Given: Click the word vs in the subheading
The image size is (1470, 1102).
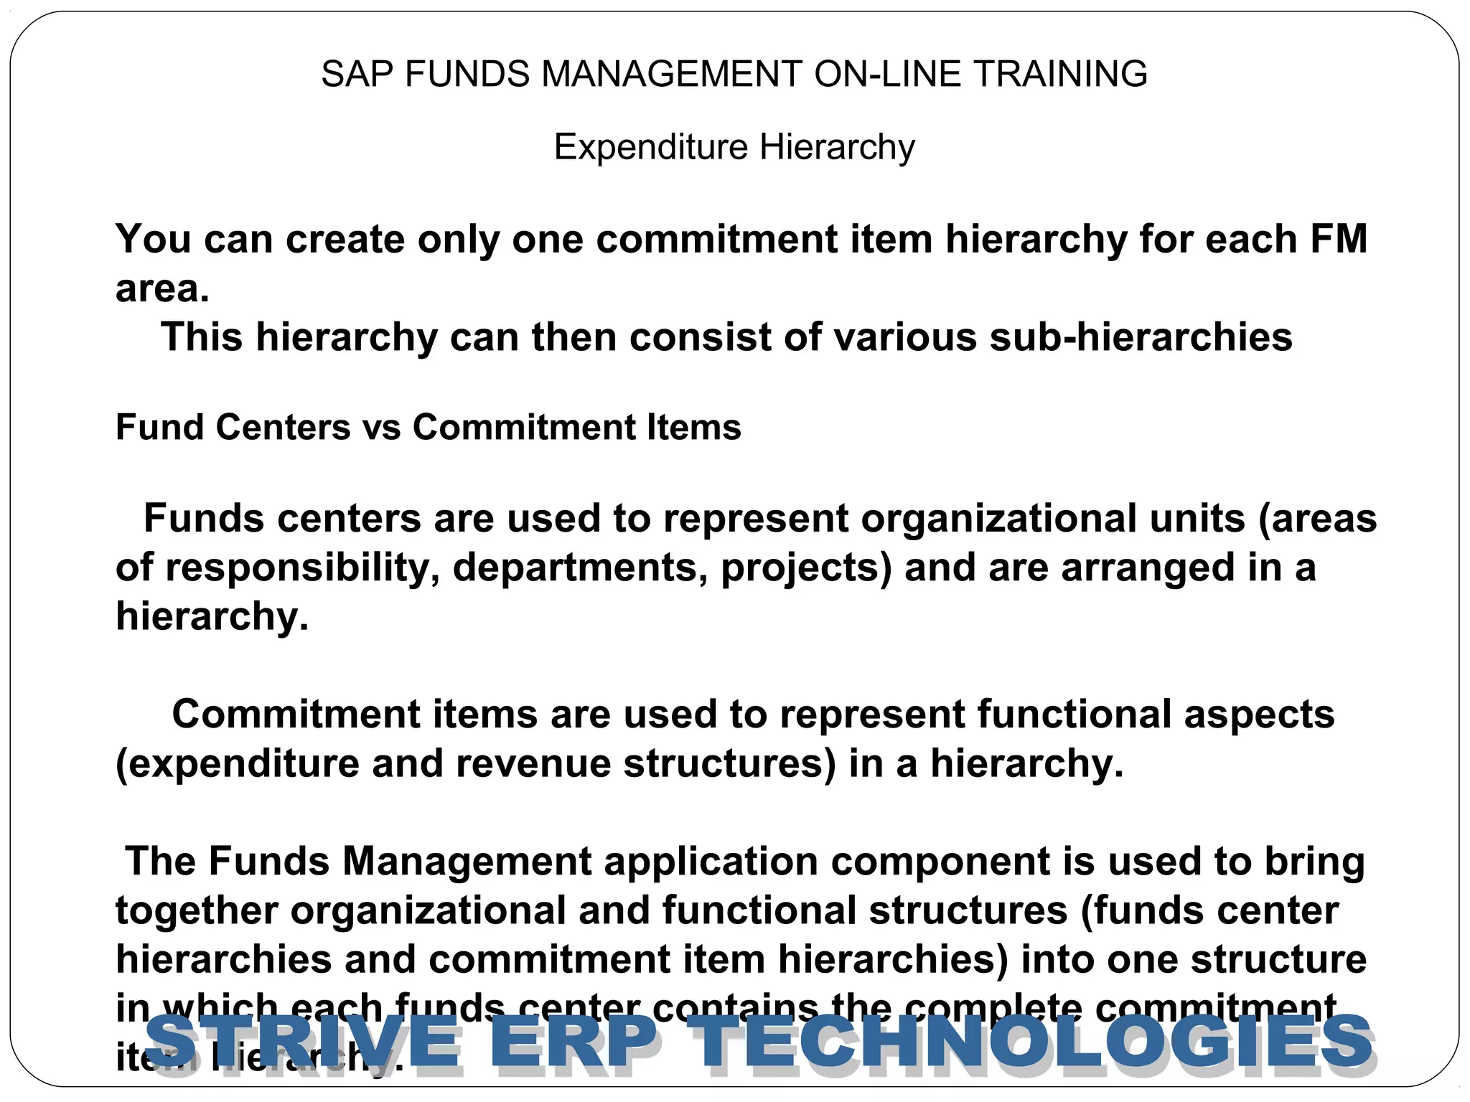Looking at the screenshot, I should click(x=381, y=428).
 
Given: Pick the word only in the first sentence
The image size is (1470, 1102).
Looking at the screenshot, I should click(x=459, y=239).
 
